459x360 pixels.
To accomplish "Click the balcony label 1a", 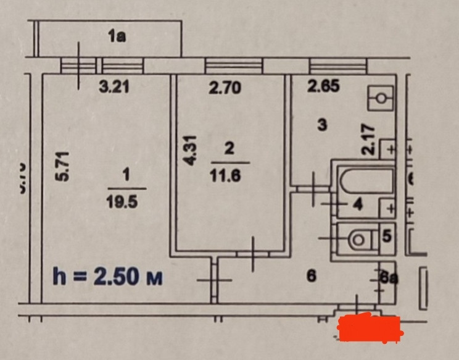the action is [117, 38].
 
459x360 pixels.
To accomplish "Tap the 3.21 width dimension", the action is [114, 88].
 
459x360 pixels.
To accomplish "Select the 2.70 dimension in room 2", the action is [225, 88].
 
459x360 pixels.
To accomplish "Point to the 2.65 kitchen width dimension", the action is [323, 87].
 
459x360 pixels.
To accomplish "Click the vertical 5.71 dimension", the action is [60, 165].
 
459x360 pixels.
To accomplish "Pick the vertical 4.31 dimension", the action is [191, 150].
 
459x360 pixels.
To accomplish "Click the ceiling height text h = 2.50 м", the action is [109, 277].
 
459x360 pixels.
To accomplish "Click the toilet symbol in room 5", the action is [357, 238].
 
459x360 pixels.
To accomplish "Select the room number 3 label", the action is [321, 125].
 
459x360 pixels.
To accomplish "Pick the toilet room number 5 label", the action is [387, 235].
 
